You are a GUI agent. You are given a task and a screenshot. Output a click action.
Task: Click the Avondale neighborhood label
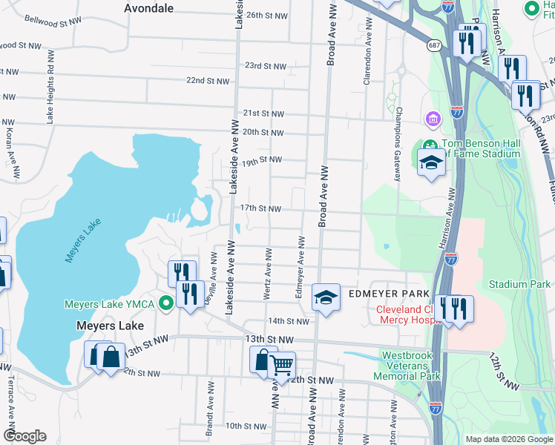[x=148, y=8]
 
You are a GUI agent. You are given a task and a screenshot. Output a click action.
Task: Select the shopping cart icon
[x=281, y=365]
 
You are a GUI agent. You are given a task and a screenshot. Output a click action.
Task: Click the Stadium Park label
[x=519, y=284]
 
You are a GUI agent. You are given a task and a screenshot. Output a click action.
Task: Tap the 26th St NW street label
[x=266, y=15]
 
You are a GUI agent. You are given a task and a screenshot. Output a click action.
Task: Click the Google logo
[x=25, y=435]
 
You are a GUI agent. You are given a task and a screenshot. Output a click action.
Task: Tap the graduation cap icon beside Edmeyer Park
[x=326, y=298]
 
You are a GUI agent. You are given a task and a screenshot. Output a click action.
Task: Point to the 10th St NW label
[x=246, y=426]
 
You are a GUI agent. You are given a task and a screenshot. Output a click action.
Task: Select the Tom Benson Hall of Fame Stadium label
[x=481, y=148]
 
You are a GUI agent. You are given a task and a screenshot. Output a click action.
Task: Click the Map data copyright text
[x=508, y=439]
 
